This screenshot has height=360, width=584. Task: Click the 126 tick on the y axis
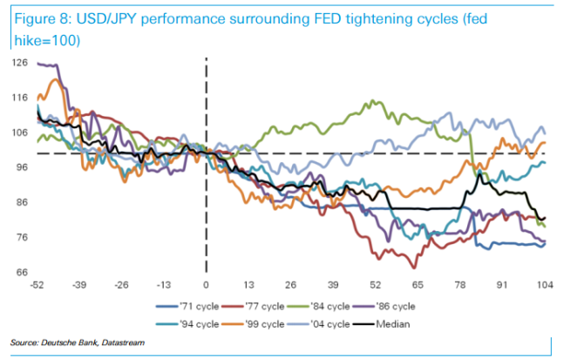tap(19, 62)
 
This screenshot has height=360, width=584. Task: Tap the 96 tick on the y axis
tap(21, 167)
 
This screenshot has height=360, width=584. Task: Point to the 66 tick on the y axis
tap(21, 272)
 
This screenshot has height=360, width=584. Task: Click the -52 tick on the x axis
tap(37, 285)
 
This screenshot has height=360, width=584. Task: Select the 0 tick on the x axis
tap(207, 285)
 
